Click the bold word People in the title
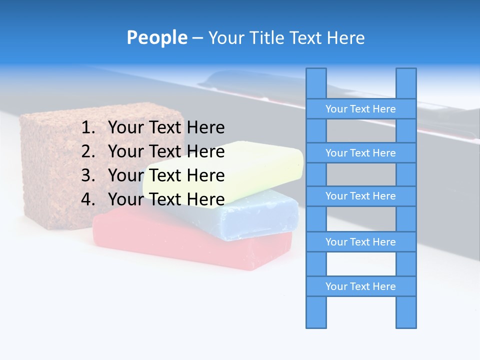[156, 37]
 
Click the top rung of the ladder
[360, 109]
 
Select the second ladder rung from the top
[360, 153]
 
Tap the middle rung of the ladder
[360, 196]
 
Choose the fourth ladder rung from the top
[360, 242]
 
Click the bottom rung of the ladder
[360, 286]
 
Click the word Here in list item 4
[205, 199]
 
